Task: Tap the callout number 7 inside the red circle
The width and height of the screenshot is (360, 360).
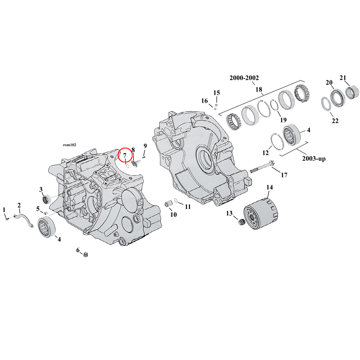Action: (125, 156)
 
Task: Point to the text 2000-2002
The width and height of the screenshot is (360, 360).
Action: (244, 78)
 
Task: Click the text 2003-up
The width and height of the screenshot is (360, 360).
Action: (313, 159)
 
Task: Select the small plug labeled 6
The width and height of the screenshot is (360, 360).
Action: (86, 255)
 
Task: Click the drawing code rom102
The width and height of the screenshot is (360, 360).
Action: (70, 145)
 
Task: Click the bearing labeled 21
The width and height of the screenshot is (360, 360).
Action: (351, 91)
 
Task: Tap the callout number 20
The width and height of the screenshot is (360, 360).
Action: (329, 83)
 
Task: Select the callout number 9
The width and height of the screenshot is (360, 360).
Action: (145, 146)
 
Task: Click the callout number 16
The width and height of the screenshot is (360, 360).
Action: (204, 101)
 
